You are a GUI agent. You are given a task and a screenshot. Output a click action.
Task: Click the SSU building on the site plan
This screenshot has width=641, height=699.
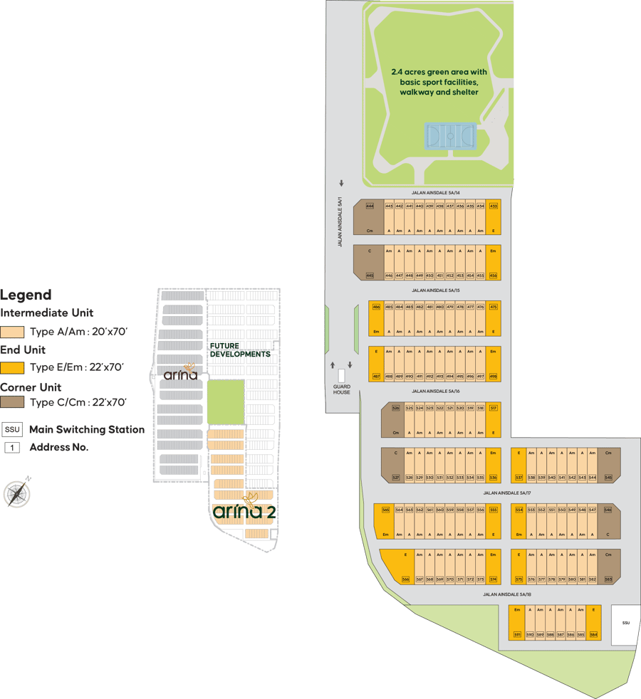point(626,624)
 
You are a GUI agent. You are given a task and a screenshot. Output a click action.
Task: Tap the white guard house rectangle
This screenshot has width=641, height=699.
point(341,376)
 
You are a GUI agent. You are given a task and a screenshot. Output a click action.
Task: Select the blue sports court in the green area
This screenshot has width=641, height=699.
point(449,135)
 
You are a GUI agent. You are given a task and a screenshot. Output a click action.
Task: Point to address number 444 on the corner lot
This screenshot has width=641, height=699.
point(370,206)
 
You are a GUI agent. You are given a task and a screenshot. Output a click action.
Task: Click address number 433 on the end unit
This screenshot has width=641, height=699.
point(494,206)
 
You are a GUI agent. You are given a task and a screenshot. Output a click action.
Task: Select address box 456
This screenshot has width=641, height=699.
point(494,275)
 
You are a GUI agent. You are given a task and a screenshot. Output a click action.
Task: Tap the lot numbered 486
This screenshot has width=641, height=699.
point(377,306)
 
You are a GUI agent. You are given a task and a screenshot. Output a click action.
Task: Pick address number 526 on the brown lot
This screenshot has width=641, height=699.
point(395,408)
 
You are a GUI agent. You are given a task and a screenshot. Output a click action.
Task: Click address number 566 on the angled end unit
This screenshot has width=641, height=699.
point(406,579)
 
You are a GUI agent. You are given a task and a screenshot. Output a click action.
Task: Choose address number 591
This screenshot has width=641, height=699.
point(518,634)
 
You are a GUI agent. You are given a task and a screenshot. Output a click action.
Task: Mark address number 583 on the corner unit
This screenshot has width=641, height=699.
point(608,579)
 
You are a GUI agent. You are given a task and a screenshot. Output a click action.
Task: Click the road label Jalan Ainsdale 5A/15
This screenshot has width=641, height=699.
point(436,290)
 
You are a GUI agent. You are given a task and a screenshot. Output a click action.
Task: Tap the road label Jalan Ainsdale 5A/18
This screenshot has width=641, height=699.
point(507,594)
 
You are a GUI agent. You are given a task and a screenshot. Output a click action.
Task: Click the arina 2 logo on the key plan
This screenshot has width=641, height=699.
point(244,511)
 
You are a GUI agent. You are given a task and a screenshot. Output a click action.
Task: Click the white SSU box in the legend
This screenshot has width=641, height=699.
point(12,429)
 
